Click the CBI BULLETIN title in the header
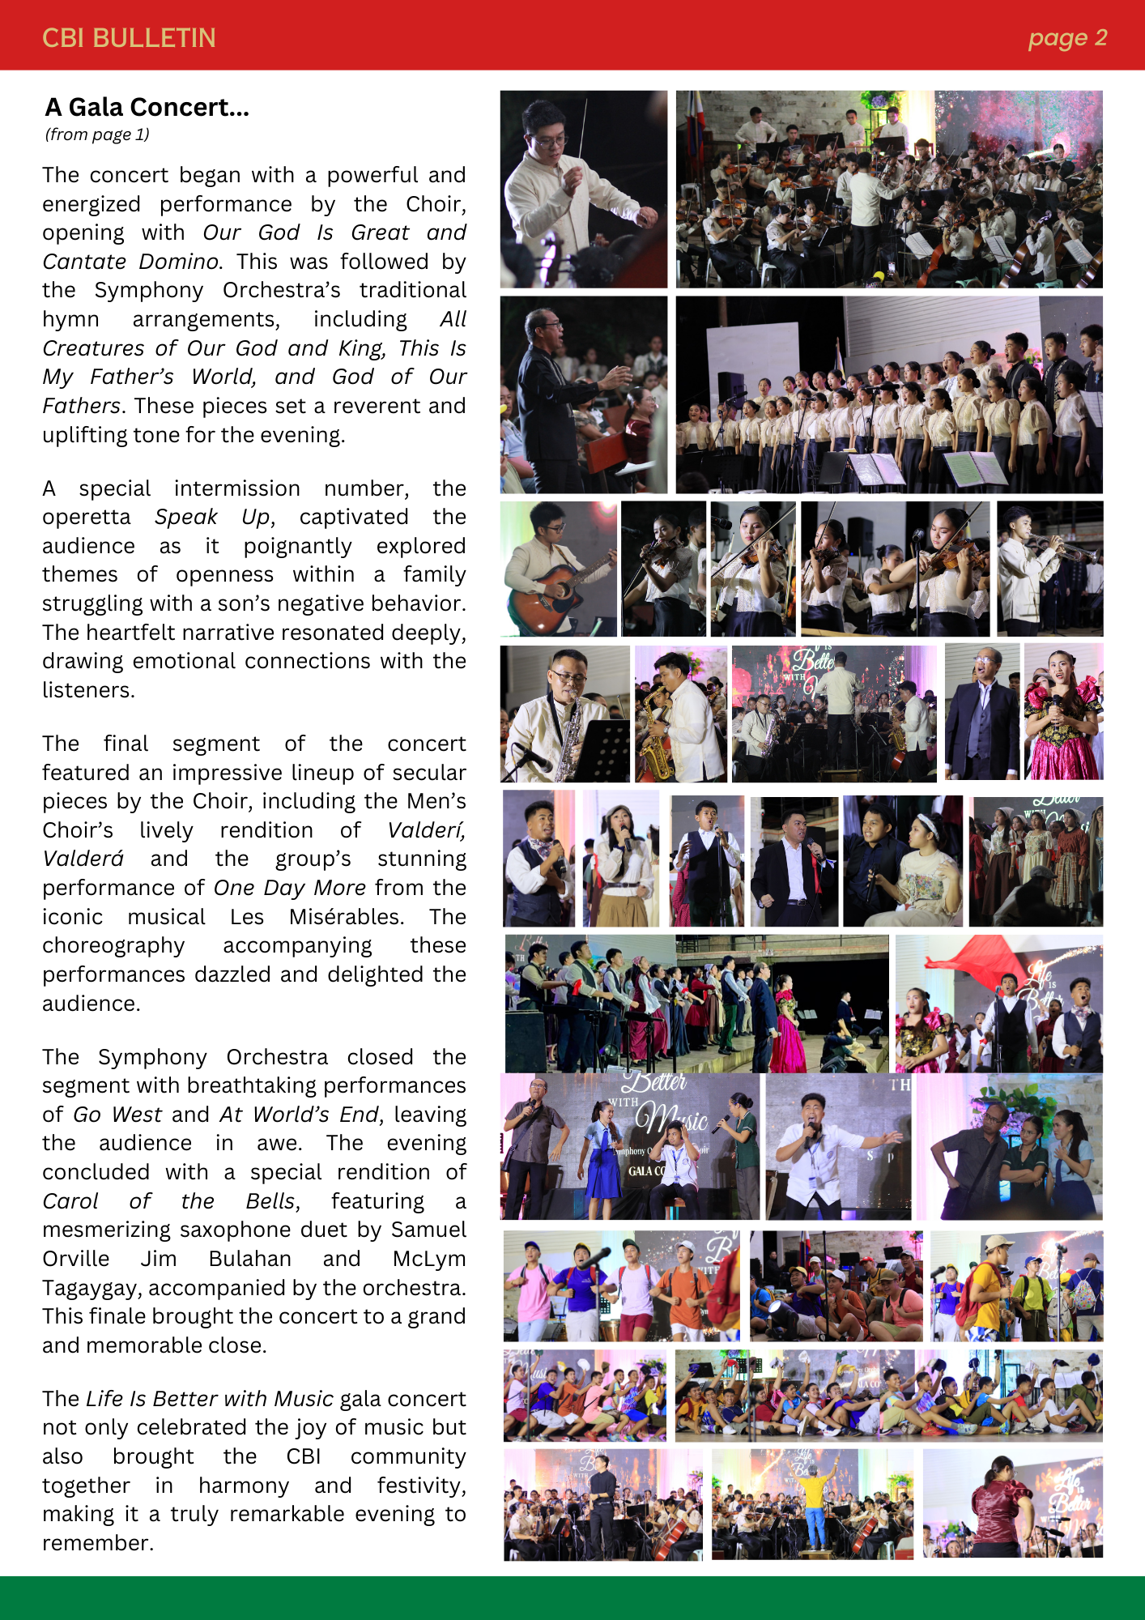point(129,38)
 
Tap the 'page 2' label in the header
point(1066,38)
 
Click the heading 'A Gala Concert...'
point(147,107)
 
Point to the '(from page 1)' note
point(97,134)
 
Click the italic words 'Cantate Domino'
point(130,262)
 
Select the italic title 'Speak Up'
point(214,517)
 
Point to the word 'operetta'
point(86,517)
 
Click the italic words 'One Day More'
point(289,888)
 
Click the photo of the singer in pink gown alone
point(1063,713)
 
